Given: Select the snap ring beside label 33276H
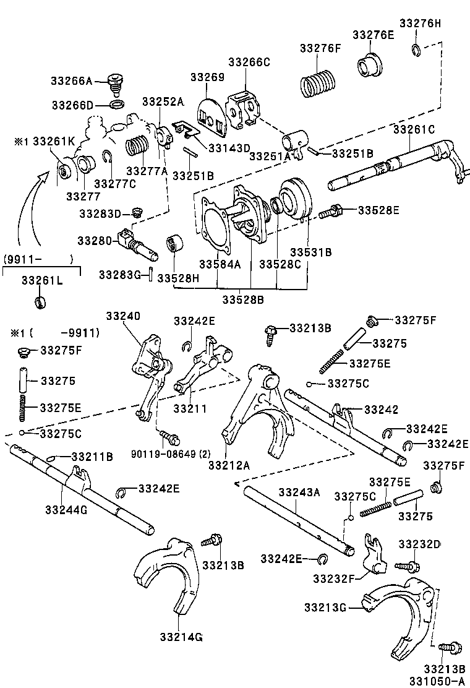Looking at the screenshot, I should (x=416, y=50).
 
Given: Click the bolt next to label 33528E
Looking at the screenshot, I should (x=332, y=212).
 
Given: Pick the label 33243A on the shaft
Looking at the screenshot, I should (x=299, y=492).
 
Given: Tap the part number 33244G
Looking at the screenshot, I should (x=66, y=509).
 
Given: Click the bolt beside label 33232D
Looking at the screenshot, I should (x=409, y=565).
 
